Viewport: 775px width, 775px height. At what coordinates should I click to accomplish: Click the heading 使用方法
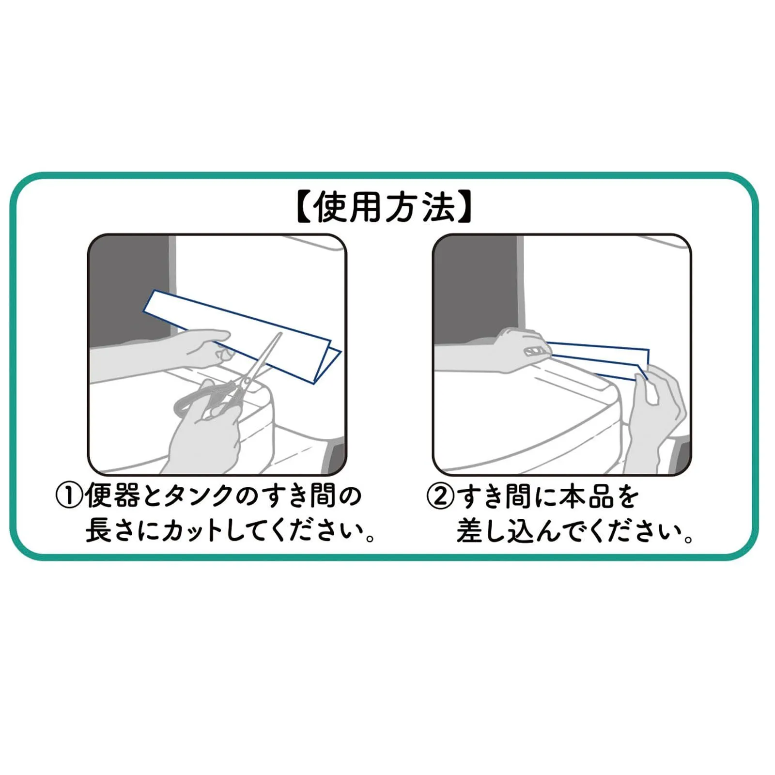click(x=384, y=207)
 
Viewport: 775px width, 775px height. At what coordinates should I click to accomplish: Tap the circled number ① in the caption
click(x=69, y=496)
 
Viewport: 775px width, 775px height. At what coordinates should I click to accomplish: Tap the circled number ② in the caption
click(x=440, y=496)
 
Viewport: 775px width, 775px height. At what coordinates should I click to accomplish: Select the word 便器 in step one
click(x=112, y=496)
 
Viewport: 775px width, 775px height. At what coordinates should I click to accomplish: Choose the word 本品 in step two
click(x=587, y=496)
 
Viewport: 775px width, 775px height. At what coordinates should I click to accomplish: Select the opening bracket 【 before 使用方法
click(x=302, y=207)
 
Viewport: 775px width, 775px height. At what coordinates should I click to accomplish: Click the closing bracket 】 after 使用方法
click(x=465, y=207)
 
